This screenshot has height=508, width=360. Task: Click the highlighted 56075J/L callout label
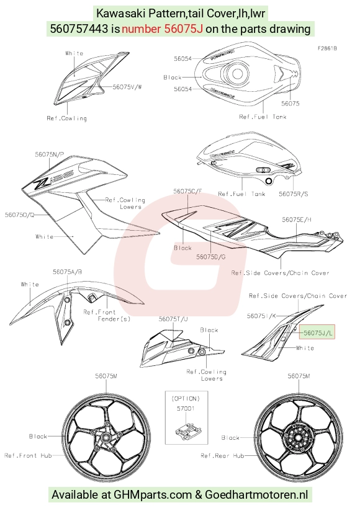(x=318, y=332)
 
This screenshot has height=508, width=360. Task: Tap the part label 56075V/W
(x=127, y=87)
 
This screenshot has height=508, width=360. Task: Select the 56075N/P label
(x=50, y=154)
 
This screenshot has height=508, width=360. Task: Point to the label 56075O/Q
(x=19, y=215)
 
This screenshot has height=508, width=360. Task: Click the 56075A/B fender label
(x=68, y=272)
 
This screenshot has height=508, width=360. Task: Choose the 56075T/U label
(x=173, y=319)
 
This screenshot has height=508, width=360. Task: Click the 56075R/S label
(x=294, y=194)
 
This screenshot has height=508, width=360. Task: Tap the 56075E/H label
(x=297, y=220)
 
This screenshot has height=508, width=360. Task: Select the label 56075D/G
(x=211, y=257)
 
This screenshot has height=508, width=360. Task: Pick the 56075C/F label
(x=188, y=191)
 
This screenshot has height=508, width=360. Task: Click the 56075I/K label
(x=261, y=316)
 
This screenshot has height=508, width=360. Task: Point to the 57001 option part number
(x=186, y=409)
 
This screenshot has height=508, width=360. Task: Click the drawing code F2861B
(x=327, y=48)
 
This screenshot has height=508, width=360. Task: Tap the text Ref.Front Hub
(x=28, y=455)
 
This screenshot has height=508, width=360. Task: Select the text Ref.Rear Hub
(x=222, y=455)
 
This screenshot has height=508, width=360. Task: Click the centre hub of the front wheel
(x=106, y=438)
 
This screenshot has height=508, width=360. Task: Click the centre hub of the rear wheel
(x=298, y=437)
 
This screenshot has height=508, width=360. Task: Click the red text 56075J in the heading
(x=184, y=29)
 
